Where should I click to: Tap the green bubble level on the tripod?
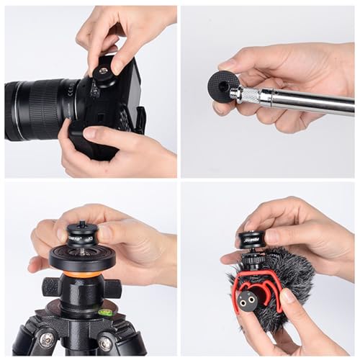106,312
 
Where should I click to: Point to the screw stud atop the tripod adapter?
81,225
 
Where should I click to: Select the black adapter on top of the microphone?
253,241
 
